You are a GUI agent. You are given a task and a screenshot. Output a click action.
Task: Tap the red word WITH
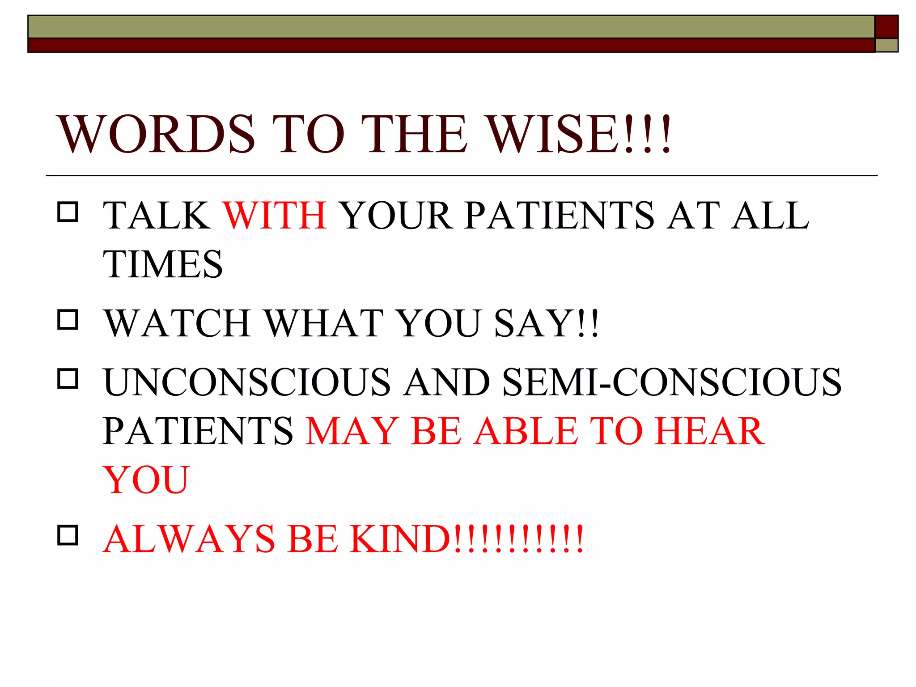coord(275,216)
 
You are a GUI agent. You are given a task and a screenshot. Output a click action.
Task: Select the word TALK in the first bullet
coord(157,216)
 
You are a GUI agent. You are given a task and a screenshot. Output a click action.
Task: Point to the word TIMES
coord(163,264)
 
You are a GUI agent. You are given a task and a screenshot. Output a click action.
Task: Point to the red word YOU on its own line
coord(146,480)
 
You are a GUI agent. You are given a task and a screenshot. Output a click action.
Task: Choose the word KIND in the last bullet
coord(399,539)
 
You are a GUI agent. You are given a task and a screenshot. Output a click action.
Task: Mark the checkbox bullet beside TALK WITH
coord(68,212)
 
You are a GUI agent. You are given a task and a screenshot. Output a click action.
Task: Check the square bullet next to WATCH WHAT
coord(68,320)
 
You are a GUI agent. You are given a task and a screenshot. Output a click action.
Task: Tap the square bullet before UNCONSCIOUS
coord(68,378)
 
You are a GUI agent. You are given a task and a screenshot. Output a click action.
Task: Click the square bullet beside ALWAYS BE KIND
coord(68,535)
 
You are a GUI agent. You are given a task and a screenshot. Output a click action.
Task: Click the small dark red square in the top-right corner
coord(886,26)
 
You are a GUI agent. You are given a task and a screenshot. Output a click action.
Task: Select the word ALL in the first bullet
coord(770,216)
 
